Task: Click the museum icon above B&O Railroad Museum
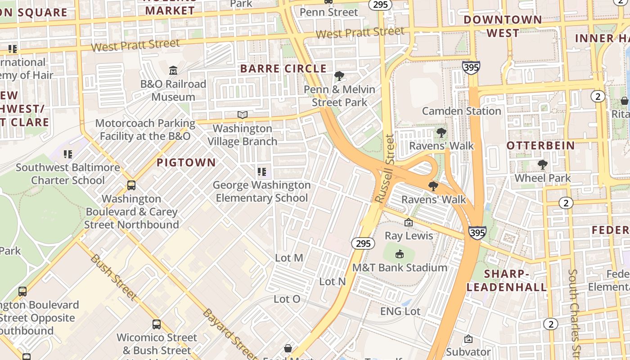click(x=173, y=71)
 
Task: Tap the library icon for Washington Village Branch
click(x=243, y=115)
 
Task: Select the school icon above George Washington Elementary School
click(x=261, y=171)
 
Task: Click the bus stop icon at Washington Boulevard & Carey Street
click(x=131, y=185)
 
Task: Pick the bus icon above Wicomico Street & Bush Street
click(x=157, y=324)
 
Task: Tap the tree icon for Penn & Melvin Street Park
click(x=339, y=76)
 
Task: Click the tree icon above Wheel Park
click(x=543, y=165)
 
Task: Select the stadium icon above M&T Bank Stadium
click(x=399, y=254)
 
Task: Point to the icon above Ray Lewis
click(x=409, y=222)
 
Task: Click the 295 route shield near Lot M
click(x=363, y=243)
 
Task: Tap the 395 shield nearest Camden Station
click(x=471, y=67)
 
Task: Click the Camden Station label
click(x=461, y=111)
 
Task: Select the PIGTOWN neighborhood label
click(x=186, y=162)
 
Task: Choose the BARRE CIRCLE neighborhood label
click(x=283, y=69)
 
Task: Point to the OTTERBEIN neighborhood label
click(x=540, y=145)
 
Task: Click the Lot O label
click(x=287, y=299)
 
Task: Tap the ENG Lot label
click(x=400, y=311)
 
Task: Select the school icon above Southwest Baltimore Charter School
click(x=68, y=154)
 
